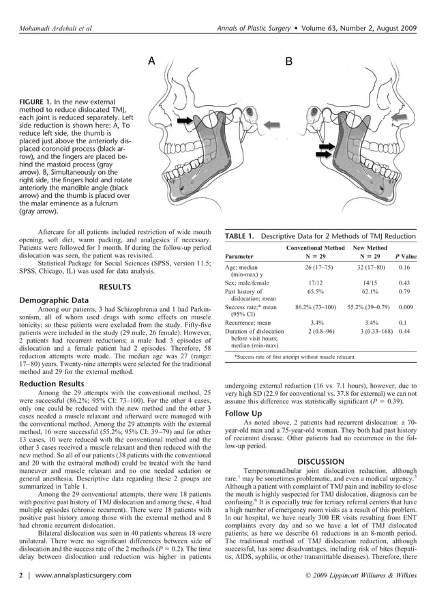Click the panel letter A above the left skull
tap(152, 61)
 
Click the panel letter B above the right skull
tap(288, 61)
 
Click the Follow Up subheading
tap(243, 414)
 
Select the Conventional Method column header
tap(316, 248)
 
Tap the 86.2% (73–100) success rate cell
tap(316, 307)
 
